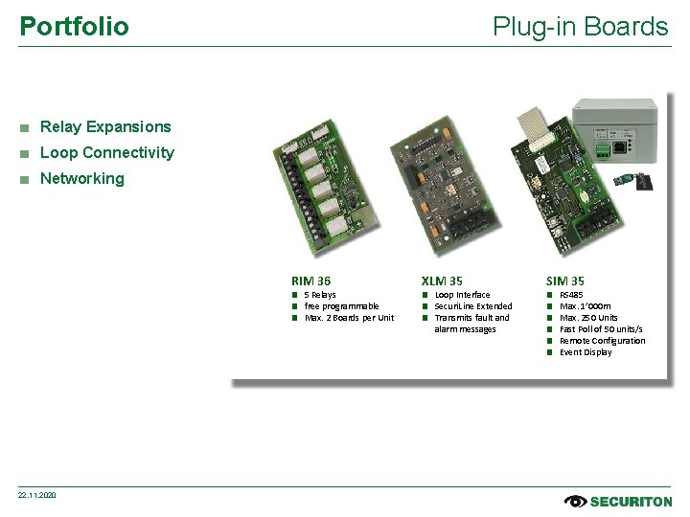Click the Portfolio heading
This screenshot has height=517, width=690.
point(74,26)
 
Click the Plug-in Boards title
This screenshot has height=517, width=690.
point(580,26)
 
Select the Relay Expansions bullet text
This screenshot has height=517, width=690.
point(105,126)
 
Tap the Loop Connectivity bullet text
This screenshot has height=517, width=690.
point(107,152)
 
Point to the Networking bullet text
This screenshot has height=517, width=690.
point(82,178)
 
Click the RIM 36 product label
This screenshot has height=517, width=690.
point(310,281)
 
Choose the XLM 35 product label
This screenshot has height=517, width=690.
point(442,281)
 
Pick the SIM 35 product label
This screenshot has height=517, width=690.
point(564,281)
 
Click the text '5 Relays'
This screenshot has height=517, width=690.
point(320,295)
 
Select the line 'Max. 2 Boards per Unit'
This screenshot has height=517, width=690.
point(349,318)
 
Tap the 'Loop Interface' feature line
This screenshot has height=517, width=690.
point(462,295)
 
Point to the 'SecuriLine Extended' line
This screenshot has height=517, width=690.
point(473,306)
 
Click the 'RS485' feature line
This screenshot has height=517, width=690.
point(571,295)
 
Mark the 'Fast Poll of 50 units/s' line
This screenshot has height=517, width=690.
point(601,329)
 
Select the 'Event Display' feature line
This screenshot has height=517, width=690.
point(586,352)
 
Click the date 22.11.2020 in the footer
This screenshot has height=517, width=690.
point(37,495)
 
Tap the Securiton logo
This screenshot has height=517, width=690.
point(618,501)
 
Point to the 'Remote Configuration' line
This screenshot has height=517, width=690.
point(602,341)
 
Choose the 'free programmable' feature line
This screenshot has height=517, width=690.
point(341,306)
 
